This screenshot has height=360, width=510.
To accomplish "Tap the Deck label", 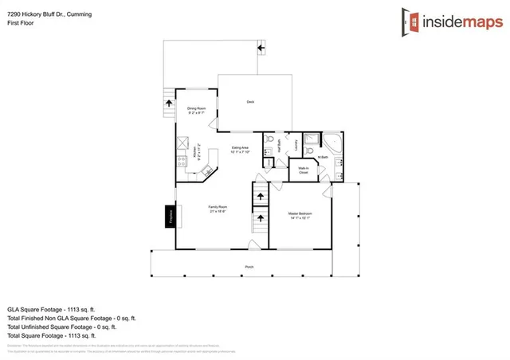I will pyautogui.click(x=249, y=102).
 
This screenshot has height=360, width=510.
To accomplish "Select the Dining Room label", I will pyautogui.click(x=197, y=110).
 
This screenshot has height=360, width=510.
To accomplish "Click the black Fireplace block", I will pyautogui.click(x=170, y=217).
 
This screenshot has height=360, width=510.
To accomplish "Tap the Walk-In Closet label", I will pyautogui.click(x=304, y=170).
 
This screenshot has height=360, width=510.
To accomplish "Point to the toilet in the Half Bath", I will pyautogui.click(x=269, y=139).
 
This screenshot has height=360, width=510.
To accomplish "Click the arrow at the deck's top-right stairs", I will pyautogui.click(x=260, y=49).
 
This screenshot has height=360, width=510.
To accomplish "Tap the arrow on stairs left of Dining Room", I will pyautogui.click(x=168, y=101).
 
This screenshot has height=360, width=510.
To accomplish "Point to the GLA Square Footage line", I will pyautogui.click(x=56, y=307).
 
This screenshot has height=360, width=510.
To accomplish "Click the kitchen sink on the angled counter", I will pyautogui.click(x=206, y=170).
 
